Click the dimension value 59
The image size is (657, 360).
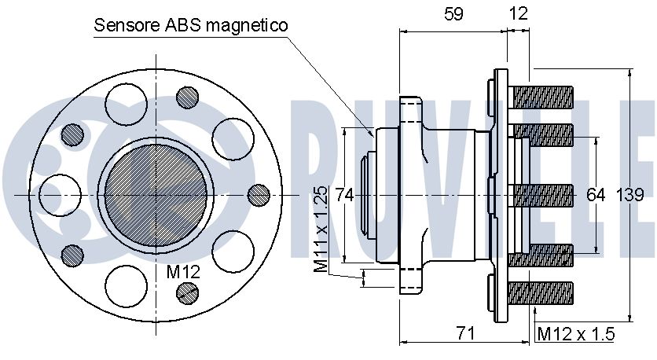[x=453, y=14]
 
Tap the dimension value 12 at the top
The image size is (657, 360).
[x=519, y=14]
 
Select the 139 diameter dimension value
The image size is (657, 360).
[x=629, y=195]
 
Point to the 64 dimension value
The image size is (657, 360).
[x=596, y=195]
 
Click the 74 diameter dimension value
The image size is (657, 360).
[x=344, y=195]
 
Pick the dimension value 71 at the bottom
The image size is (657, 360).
[x=465, y=333]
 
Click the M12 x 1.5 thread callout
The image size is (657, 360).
[x=576, y=334]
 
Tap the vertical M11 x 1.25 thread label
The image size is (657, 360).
[x=321, y=229]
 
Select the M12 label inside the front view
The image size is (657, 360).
[x=183, y=272]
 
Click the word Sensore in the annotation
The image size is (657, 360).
[x=127, y=25]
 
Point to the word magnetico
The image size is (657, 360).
[x=248, y=26]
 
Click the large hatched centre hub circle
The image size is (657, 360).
[x=156, y=196]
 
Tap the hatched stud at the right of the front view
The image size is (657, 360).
[x=259, y=195]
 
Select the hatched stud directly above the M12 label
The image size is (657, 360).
[x=187, y=292]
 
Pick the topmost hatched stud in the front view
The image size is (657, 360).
[x=187, y=97]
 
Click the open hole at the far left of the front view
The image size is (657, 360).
[x=60, y=195]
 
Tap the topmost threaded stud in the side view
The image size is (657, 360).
[x=541, y=97]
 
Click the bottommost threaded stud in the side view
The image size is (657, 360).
[x=541, y=293]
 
